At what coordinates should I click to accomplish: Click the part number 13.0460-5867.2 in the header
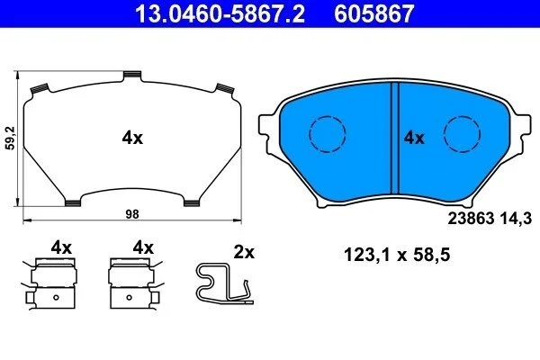pos(220,13)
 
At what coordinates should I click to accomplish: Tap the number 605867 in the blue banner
pos(374,13)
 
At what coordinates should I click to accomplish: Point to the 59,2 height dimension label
pos(12,138)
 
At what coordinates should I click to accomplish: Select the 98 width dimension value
pos(132,214)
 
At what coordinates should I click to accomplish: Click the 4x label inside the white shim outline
pos(132,138)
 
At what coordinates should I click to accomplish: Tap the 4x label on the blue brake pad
pos(414,138)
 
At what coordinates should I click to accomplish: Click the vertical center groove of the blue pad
pos(395,138)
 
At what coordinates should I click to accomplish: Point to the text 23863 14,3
pos(490,219)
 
